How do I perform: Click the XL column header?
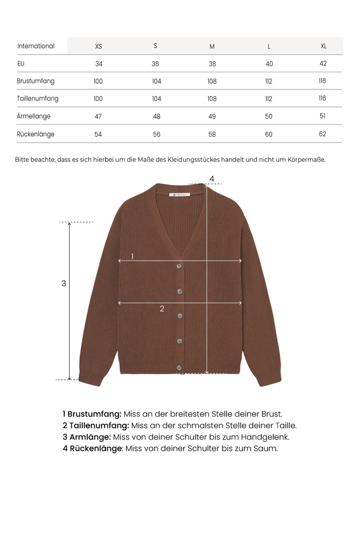323,46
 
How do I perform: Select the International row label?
36,46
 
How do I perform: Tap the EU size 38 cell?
212,64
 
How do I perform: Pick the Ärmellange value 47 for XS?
98,116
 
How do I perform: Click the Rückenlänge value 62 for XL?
322,134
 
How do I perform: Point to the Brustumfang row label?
36,81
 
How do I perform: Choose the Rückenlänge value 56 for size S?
156,135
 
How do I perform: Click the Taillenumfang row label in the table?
38,99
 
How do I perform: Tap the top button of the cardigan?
179,266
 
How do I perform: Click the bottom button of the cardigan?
179,367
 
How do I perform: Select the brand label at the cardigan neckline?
182,194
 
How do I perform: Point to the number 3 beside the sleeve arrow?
64,283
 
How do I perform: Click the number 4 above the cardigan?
212,179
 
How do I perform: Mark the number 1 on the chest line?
132,257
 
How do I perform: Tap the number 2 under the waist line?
162,309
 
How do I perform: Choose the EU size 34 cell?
99,64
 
